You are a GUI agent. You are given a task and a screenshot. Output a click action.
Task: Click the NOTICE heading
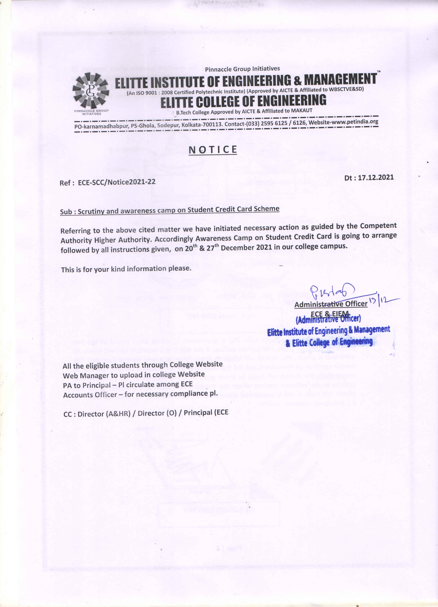click(x=213, y=150)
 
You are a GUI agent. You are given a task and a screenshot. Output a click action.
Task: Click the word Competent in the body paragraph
click(x=378, y=226)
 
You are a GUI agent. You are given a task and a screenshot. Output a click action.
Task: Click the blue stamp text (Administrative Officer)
click(x=328, y=319)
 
